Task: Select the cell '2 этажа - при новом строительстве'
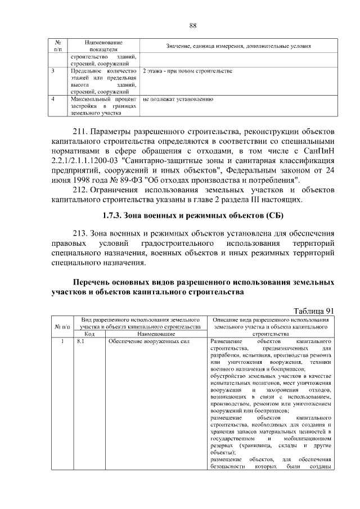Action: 187,71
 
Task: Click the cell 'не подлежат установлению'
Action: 178,98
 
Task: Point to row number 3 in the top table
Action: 53,71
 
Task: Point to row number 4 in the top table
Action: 53,98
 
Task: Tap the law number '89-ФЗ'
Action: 129,180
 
